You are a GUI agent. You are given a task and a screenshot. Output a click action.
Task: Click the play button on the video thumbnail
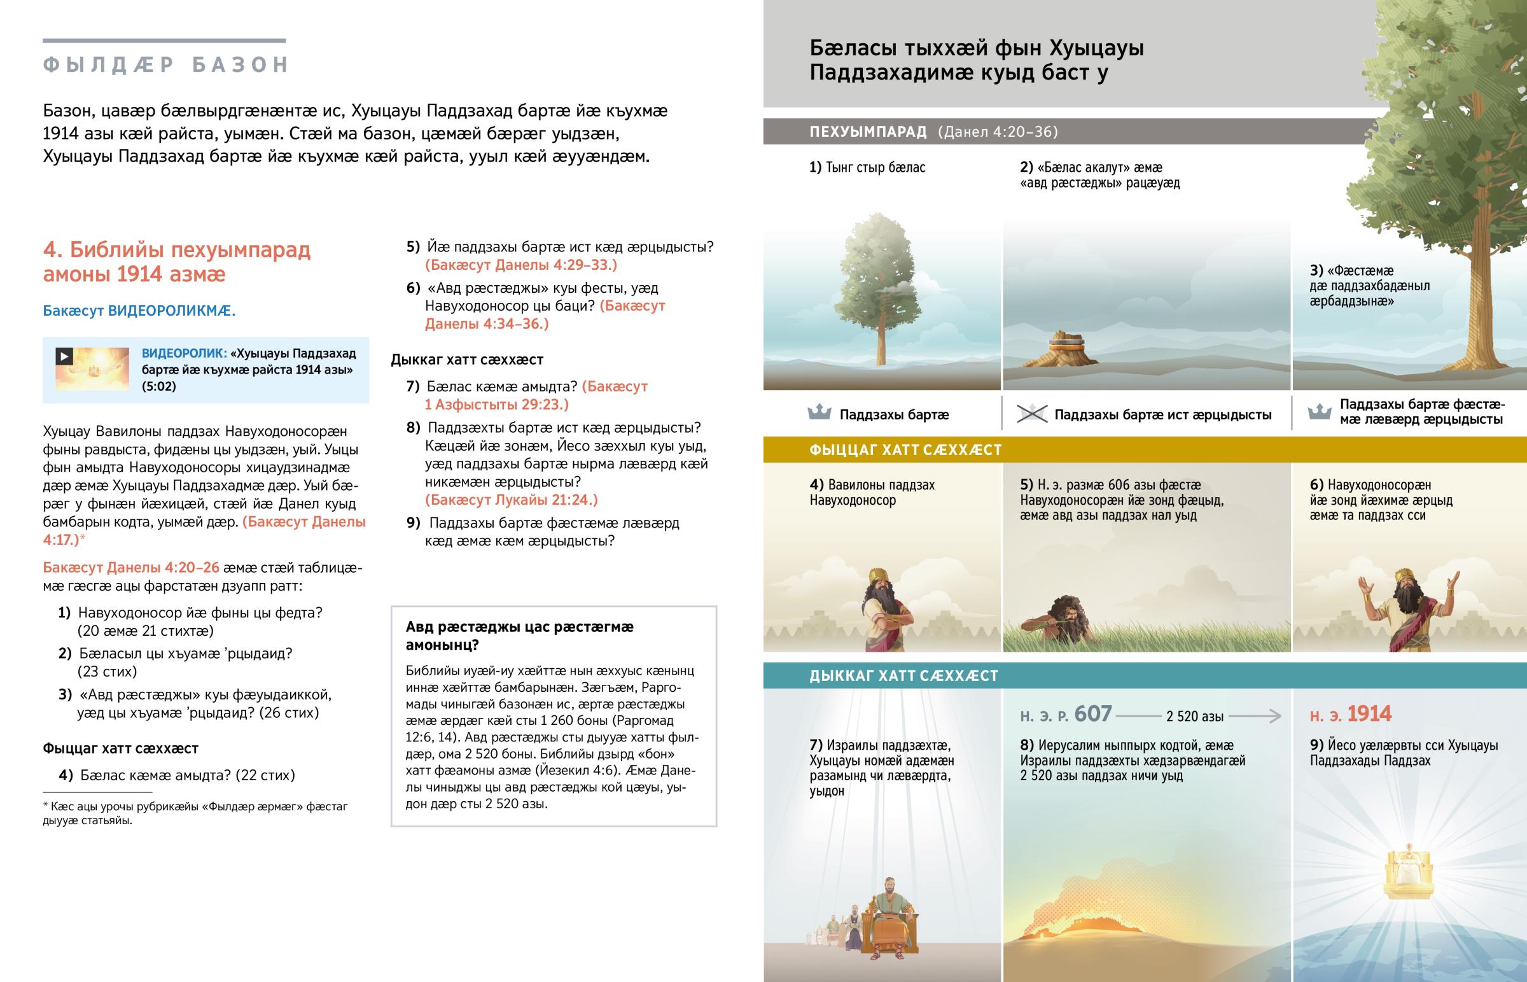pyautogui.click(x=64, y=356)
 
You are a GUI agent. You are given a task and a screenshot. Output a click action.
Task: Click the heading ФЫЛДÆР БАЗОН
pyautogui.click(x=165, y=65)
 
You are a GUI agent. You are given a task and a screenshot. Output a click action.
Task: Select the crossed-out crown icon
pyautogui.click(x=1031, y=414)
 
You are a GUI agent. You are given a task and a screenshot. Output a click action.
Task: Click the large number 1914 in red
pyautogui.click(x=1369, y=714)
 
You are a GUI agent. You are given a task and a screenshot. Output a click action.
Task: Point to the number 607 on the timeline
pyautogui.click(x=1093, y=714)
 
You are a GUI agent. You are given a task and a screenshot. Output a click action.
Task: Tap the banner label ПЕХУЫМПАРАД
pyautogui.click(x=868, y=132)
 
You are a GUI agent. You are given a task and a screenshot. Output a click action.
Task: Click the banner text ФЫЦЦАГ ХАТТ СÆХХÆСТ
pyautogui.click(x=905, y=450)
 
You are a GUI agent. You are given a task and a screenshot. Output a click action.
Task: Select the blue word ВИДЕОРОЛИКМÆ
pyautogui.click(x=171, y=311)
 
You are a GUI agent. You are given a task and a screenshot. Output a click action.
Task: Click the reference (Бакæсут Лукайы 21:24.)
pyautogui.click(x=511, y=500)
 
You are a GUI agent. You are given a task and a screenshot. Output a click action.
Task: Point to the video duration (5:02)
pyautogui.click(x=158, y=386)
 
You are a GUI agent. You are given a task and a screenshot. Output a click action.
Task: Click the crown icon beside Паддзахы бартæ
pyautogui.click(x=819, y=413)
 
